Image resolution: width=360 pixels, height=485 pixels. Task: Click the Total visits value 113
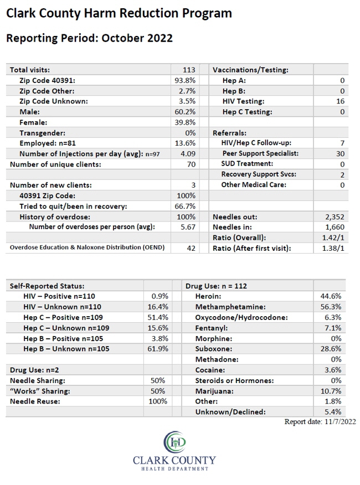pyautogui.click(x=189, y=70)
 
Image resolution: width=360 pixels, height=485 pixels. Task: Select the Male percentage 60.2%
pyautogui.click(x=185, y=112)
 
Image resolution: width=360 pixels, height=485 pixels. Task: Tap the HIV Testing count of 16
pyautogui.click(x=340, y=101)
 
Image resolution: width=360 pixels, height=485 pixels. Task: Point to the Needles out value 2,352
pyautogui.click(x=335, y=217)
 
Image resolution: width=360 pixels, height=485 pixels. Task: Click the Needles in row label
pyautogui.click(x=232, y=227)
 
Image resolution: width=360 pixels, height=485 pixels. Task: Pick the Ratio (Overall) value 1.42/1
pyautogui.click(x=333, y=238)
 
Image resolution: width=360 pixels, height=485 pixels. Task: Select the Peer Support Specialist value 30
pyautogui.click(x=340, y=153)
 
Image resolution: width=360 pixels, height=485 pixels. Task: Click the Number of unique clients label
pyautogui.click(x=55, y=164)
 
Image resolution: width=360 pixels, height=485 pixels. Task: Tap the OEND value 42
pyautogui.click(x=191, y=248)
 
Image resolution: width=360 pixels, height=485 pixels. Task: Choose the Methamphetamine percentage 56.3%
pyautogui.click(x=331, y=307)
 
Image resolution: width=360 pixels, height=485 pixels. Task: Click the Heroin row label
pyautogui.click(x=208, y=296)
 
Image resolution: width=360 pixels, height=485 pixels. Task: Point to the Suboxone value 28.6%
pyautogui.click(x=331, y=349)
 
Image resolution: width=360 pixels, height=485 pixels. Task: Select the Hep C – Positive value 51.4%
pyautogui.click(x=158, y=317)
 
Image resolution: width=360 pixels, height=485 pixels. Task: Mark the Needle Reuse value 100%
pyautogui.click(x=158, y=401)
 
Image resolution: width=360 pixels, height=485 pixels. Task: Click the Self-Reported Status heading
pyautogui.click(x=47, y=286)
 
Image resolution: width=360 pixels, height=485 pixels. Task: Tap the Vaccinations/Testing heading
pyautogui.click(x=250, y=70)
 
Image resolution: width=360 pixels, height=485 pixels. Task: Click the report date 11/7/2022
pyautogui.click(x=340, y=421)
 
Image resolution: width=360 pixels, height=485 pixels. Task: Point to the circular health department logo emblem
pyautogui.click(x=174, y=442)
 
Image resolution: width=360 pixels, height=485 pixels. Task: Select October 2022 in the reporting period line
pyautogui.click(x=137, y=38)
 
